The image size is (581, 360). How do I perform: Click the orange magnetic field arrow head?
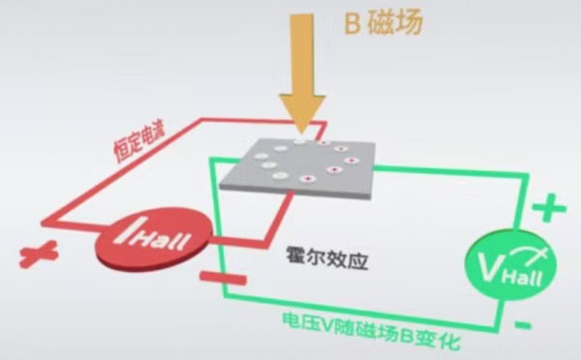(303, 112)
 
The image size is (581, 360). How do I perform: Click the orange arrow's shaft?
(303, 53)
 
